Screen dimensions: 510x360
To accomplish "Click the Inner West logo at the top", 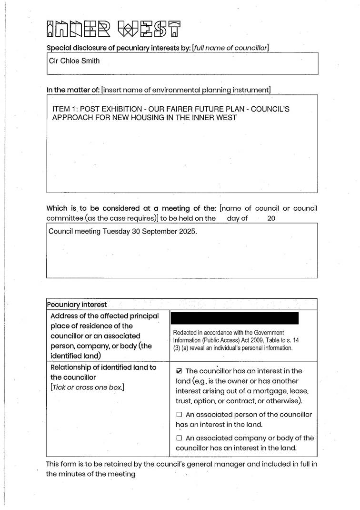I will tap(113, 29).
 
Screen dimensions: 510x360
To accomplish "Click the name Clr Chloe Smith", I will tap(74, 61).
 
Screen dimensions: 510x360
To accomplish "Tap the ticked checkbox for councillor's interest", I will tap(179, 371).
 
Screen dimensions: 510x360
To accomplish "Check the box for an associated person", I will tap(179, 415).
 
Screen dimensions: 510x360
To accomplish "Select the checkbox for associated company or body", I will tap(179, 438).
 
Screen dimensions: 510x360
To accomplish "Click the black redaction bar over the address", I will tap(234, 318).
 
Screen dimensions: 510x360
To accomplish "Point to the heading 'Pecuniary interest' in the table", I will tap(77, 305).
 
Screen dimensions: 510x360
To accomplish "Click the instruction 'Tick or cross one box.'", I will tap(87, 388).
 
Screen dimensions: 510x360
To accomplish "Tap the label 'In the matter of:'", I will tap(73, 90).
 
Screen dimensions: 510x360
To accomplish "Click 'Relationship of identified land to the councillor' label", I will tap(103, 372).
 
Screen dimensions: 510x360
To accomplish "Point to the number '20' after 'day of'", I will tap(271, 219).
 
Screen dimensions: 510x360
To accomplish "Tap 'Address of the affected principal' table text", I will tap(104, 316).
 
